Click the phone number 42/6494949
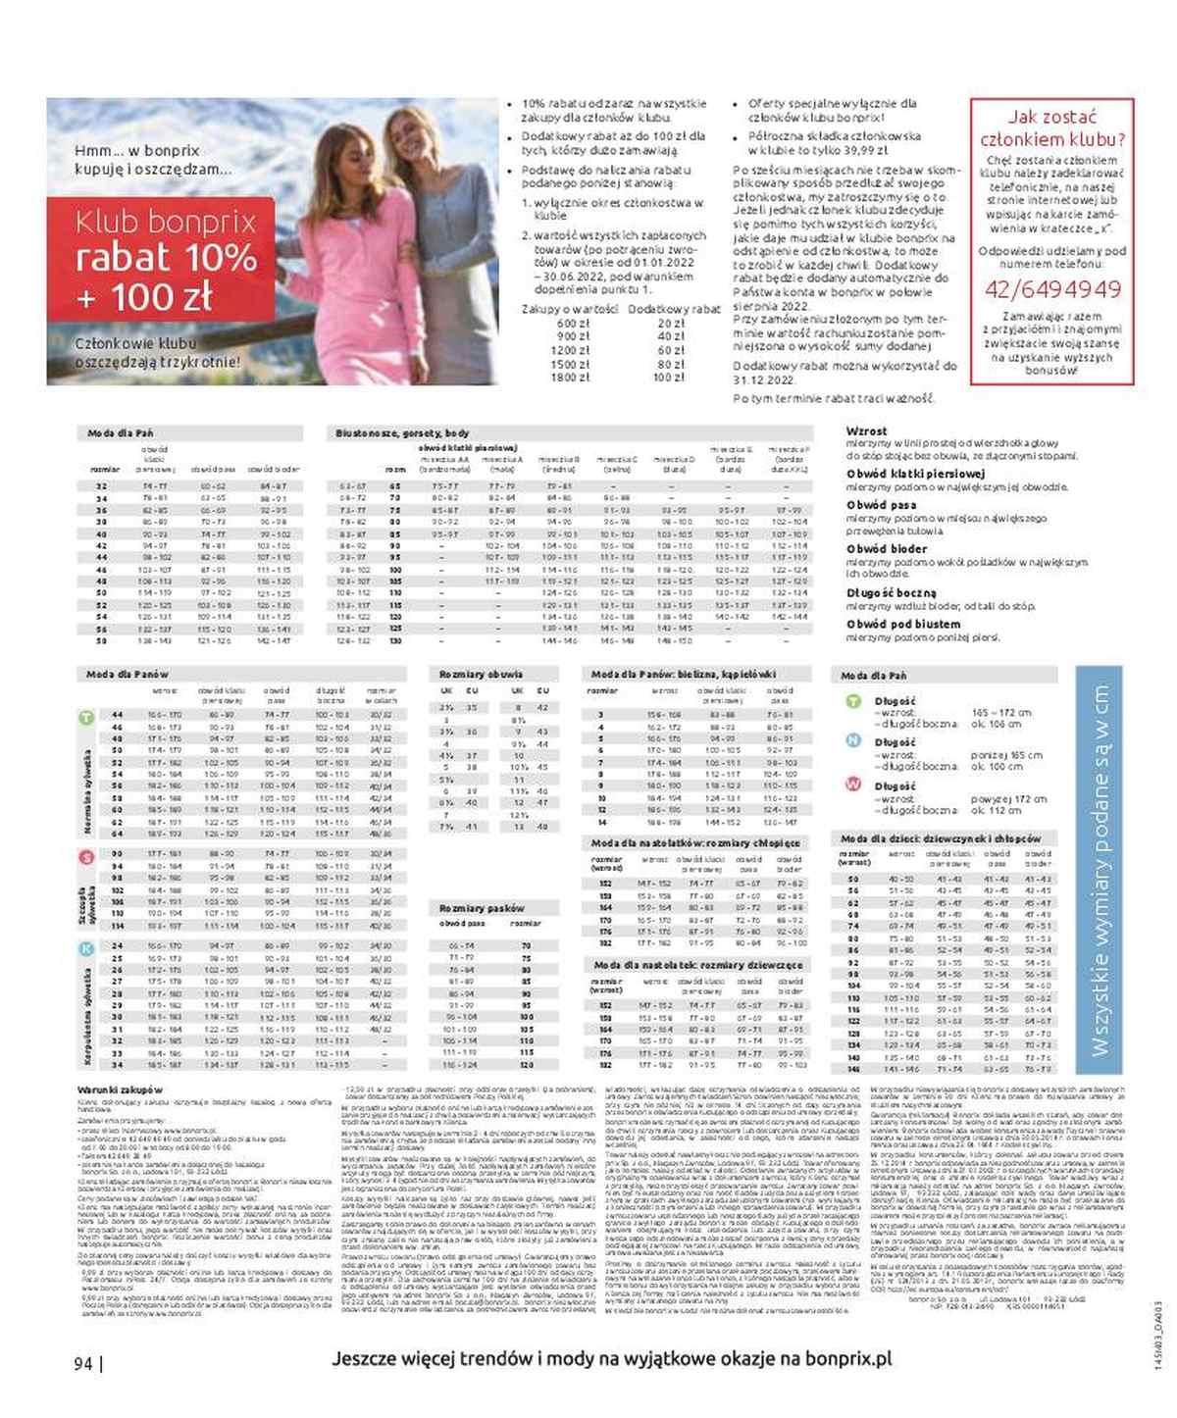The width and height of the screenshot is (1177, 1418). pos(1051,289)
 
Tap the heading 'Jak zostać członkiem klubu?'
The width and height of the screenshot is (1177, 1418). pos(1051,127)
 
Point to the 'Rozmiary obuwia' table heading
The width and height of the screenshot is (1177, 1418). pos(482,675)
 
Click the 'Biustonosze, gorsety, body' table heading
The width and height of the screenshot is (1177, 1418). pos(402,432)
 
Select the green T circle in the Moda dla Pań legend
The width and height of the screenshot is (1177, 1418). pos(853,701)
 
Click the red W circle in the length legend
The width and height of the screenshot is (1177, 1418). pos(853,785)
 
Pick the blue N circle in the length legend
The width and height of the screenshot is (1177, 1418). pos(853,742)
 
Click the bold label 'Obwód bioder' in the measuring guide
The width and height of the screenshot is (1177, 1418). pos(888,549)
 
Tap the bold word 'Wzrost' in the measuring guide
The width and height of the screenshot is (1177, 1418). pos(866,430)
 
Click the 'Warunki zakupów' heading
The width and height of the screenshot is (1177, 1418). pos(122,1089)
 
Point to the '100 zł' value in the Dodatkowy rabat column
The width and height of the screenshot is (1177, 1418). pos(670,378)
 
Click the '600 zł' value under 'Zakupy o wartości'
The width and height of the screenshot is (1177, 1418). pos(573,323)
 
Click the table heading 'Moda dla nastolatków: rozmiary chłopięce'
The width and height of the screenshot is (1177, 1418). pos(696,842)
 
